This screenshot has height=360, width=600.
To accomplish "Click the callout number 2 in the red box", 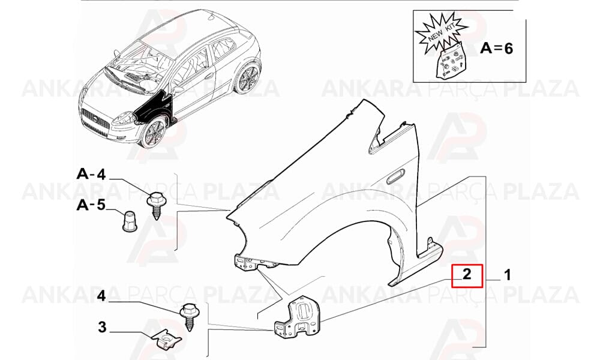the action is [466, 274].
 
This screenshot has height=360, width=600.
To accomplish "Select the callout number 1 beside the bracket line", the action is [508, 275].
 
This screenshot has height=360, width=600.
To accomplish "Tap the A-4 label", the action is [91, 174].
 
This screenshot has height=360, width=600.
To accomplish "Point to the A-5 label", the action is [91, 205].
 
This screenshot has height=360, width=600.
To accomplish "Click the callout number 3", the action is [102, 328].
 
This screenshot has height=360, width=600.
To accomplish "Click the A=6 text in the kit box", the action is [497, 48].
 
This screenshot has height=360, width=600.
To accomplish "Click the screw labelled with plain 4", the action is [189, 316].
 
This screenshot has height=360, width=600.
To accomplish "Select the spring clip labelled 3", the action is [166, 338].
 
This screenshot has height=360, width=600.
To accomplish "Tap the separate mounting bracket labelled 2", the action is [297, 318].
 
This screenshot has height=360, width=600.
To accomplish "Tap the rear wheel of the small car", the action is [247, 79].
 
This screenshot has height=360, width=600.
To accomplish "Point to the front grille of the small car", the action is [95, 121].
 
